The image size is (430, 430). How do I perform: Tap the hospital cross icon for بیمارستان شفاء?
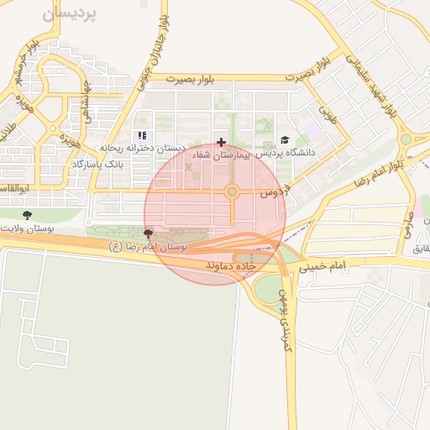pyautogui.click(x=221, y=142)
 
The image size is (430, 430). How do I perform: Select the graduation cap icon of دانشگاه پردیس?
pyautogui.click(x=285, y=140)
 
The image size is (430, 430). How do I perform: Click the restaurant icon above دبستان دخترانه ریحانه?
pyautogui.click(x=142, y=135)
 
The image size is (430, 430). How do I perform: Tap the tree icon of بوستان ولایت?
pyautogui.click(x=27, y=215)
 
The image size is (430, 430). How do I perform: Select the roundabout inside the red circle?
pyautogui.click(x=232, y=192)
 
